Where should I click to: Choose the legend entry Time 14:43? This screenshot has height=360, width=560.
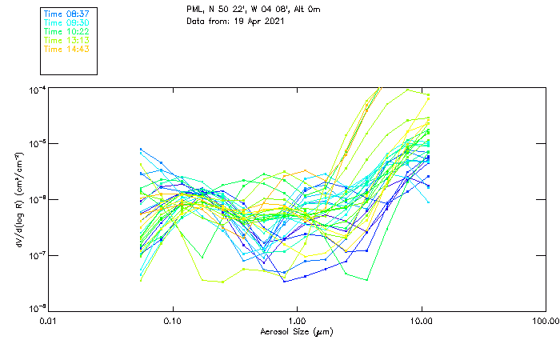click(x=66, y=49)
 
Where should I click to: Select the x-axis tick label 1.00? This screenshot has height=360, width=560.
click(x=297, y=321)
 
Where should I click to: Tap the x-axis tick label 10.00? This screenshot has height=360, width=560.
click(x=421, y=321)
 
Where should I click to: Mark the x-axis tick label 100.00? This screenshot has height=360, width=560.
click(x=545, y=321)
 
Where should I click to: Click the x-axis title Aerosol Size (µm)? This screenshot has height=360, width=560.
click(x=297, y=331)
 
